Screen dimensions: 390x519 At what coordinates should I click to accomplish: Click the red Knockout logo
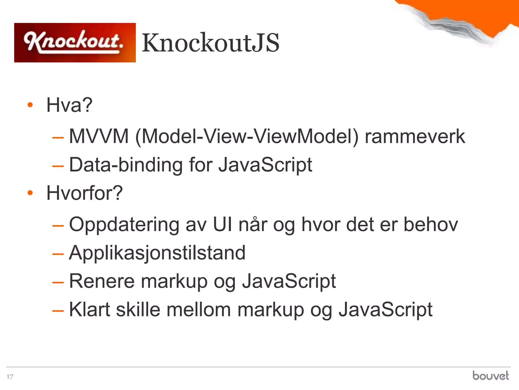(x=75, y=42)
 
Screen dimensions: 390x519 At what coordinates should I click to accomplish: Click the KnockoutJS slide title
(x=210, y=43)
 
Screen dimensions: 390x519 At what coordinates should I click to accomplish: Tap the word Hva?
(x=69, y=105)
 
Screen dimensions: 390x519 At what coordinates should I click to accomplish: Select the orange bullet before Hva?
(x=30, y=105)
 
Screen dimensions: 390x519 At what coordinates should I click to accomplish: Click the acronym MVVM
(x=99, y=137)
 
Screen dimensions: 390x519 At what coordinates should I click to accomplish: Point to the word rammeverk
(x=415, y=137)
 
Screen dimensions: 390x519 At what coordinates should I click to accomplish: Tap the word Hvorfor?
(x=84, y=193)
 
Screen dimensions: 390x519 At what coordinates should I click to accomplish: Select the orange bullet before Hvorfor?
(x=30, y=193)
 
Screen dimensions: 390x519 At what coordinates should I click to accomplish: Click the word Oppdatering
(x=124, y=225)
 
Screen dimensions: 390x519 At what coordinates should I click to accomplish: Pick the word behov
(x=431, y=224)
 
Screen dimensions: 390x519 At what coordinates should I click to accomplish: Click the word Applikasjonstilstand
(x=157, y=253)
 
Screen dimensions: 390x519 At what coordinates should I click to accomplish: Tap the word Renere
(x=102, y=281)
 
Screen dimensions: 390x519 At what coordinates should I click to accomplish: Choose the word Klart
(x=89, y=310)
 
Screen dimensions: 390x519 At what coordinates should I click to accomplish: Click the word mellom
(x=198, y=310)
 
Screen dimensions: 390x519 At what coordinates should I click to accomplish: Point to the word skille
(x=138, y=310)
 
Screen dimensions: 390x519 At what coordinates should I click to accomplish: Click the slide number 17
(x=10, y=376)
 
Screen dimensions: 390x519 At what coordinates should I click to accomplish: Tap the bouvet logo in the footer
(x=490, y=376)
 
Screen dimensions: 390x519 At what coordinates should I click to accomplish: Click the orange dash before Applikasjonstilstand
(x=58, y=254)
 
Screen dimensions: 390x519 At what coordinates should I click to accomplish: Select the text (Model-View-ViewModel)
(x=247, y=137)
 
